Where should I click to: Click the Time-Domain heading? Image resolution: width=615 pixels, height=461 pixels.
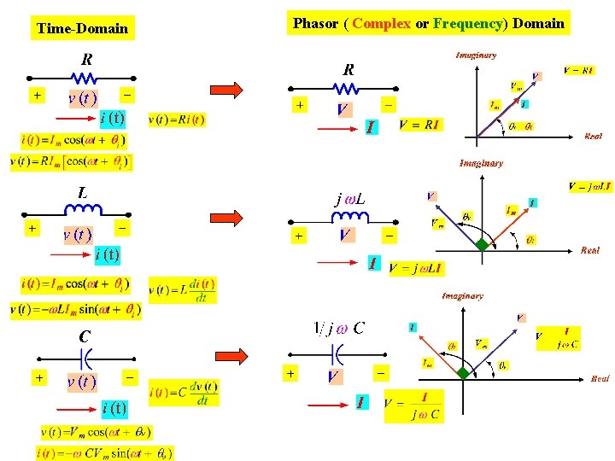click(x=82, y=28)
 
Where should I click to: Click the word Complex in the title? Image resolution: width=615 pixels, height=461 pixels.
click(x=381, y=23)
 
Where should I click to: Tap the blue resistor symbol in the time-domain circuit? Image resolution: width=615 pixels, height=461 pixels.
click(x=86, y=79)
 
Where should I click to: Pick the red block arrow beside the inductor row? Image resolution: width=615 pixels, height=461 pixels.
click(x=227, y=225)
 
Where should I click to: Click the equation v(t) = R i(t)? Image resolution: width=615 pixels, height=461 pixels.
click(x=177, y=120)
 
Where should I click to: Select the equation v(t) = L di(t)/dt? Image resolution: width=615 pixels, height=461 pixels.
click(x=182, y=290)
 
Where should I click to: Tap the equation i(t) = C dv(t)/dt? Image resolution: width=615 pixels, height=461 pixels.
click(x=184, y=393)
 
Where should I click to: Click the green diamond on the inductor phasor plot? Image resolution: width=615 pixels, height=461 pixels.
click(x=483, y=245)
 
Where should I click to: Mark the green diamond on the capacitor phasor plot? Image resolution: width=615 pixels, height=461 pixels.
click(x=462, y=373)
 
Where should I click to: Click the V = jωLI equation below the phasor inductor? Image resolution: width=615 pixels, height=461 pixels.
click(x=416, y=268)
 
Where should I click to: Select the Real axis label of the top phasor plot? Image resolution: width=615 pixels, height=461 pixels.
click(x=592, y=136)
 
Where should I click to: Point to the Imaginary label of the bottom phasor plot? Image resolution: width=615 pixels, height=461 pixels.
click(x=462, y=296)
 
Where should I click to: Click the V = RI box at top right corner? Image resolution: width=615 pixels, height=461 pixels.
click(x=578, y=70)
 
